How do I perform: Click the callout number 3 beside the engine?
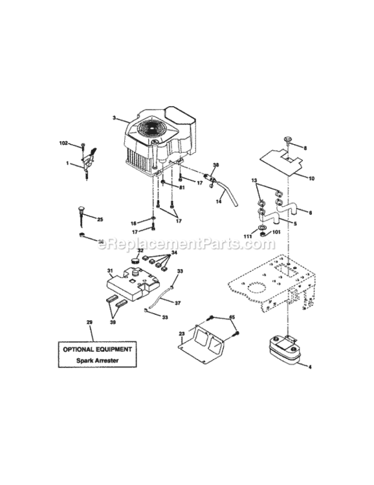pos(113,118)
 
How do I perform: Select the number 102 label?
pos(63,142)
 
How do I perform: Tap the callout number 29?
pos(89,321)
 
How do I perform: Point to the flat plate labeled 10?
pos(280,160)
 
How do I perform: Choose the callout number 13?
pos(254,180)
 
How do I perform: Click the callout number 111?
pos(247,237)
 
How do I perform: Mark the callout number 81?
pos(182,188)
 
